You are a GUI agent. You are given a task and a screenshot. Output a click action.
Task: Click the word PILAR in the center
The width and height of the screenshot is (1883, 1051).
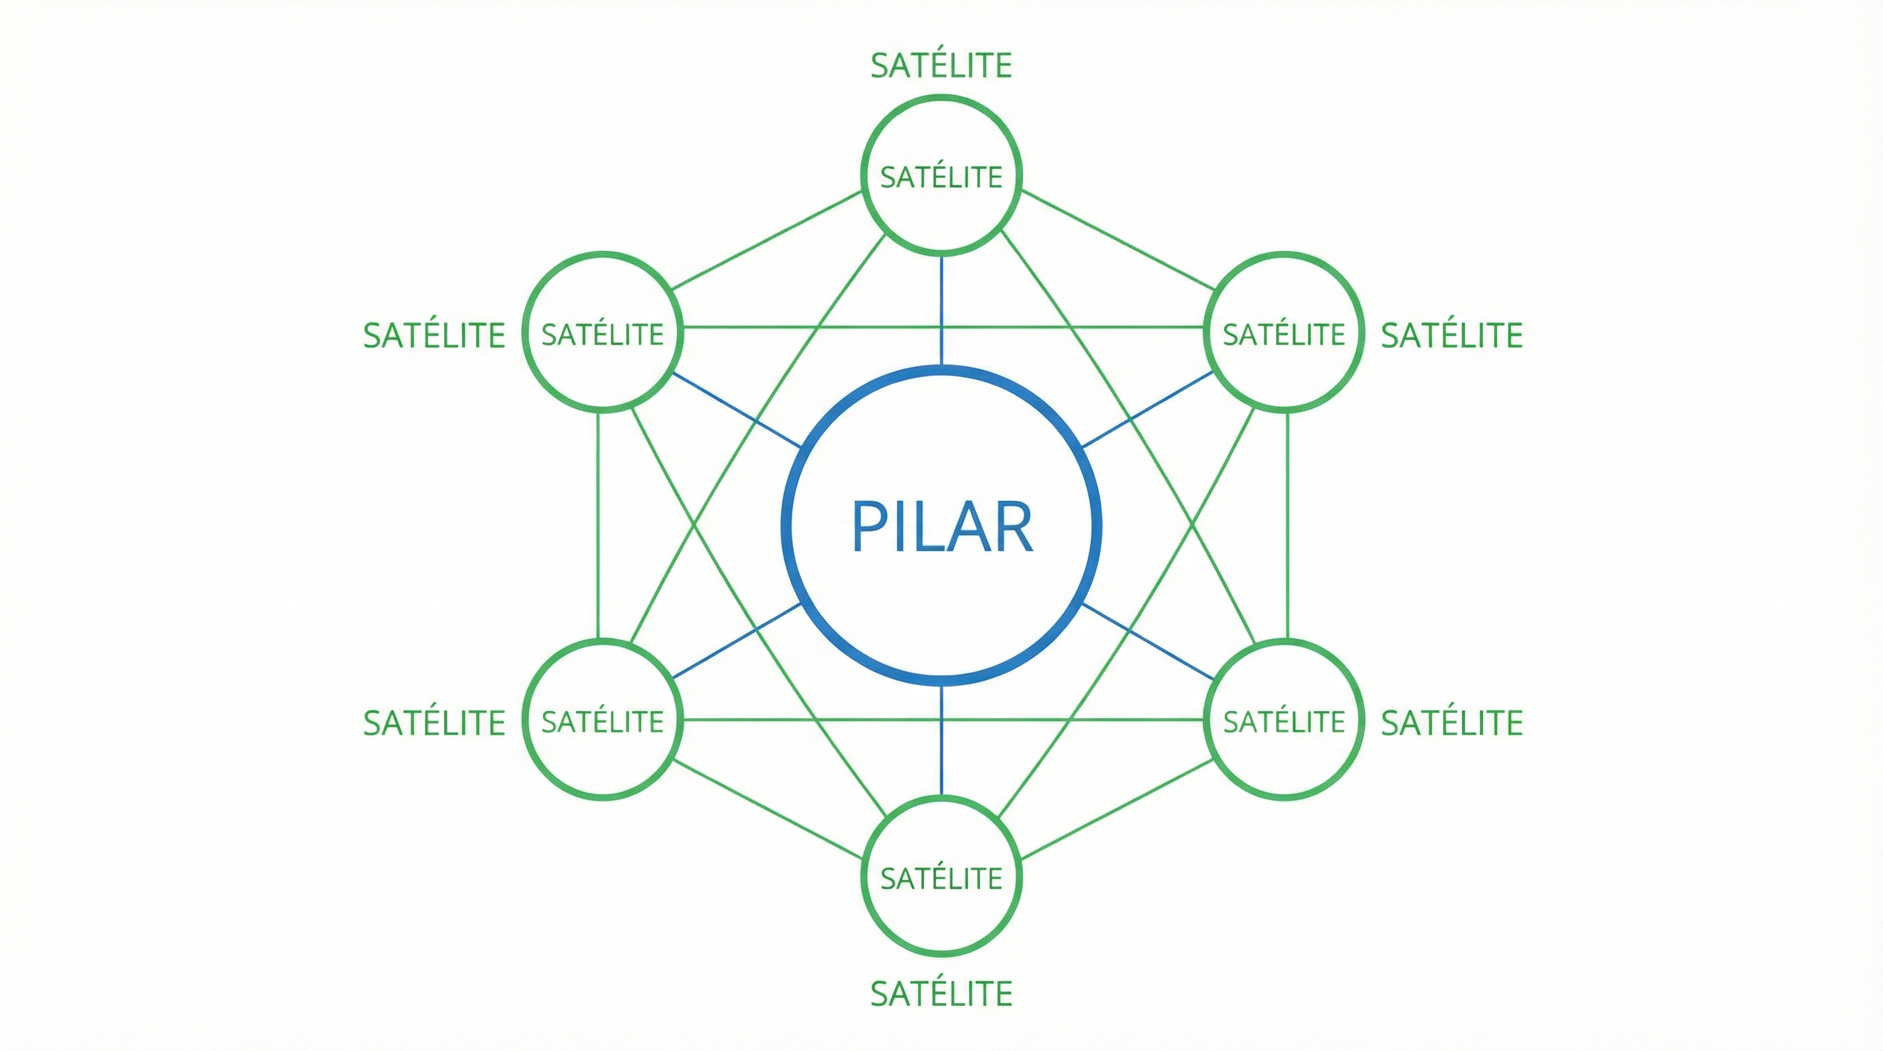click(941, 526)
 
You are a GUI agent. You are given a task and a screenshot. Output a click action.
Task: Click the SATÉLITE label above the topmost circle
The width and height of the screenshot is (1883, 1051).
click(941, 66)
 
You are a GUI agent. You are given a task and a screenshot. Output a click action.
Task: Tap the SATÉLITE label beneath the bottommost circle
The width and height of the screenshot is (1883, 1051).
click(941, 994)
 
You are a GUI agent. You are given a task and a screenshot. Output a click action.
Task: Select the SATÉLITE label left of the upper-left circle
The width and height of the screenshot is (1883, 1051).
click(434, 335)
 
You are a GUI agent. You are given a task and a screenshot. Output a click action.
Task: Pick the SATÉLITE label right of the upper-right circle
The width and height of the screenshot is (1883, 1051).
click(1452, 335)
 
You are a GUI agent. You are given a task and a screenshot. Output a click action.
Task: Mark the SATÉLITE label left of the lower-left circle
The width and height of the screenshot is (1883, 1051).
click(434, 723)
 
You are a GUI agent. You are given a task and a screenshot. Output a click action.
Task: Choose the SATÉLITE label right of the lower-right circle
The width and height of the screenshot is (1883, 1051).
click(1452, 723)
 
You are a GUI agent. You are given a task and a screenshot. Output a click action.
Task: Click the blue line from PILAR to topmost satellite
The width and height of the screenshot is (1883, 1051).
click(941, 311)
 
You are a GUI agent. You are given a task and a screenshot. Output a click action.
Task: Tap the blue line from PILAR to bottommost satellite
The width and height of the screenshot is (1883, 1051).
click(941, 740)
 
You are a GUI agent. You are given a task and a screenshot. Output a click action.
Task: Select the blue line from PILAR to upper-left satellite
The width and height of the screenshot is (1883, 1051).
click(737, 410)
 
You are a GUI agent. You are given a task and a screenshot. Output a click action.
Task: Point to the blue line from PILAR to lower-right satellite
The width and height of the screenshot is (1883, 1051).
click(1147, 642)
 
